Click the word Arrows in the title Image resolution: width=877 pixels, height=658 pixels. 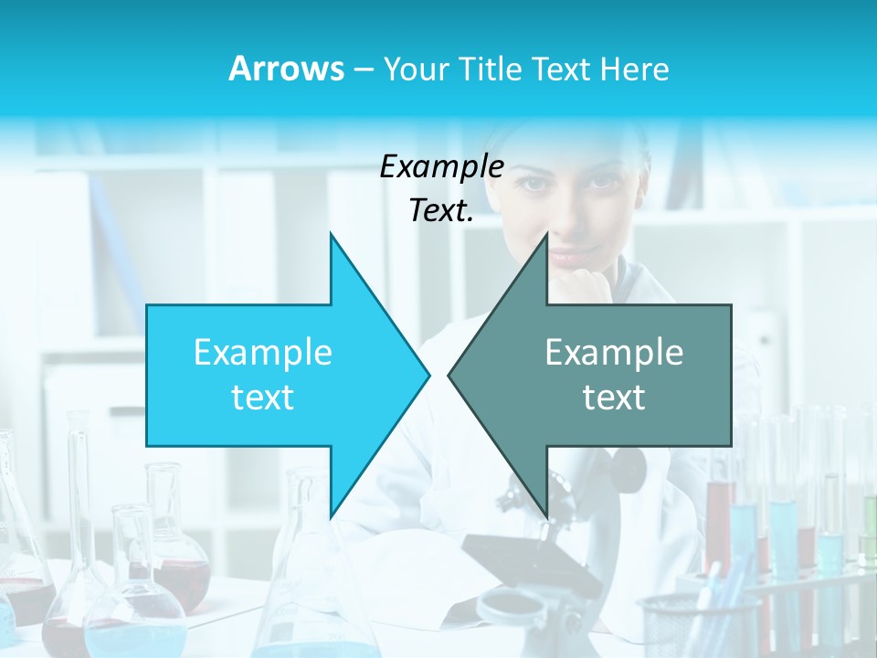tap(286, 69)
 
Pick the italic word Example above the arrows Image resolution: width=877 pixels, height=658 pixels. tap(441, 167)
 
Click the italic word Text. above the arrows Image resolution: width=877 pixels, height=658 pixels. tap(441, 210)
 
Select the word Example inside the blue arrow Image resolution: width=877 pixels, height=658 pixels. tap(262, 352)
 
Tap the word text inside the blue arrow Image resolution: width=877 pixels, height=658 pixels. tap(262, 397)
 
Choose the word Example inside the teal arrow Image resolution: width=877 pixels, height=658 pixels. tap(614, 352)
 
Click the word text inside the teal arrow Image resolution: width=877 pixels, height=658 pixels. tap(614, 397)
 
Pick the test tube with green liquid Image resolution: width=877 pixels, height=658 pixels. tap(869, 530)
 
